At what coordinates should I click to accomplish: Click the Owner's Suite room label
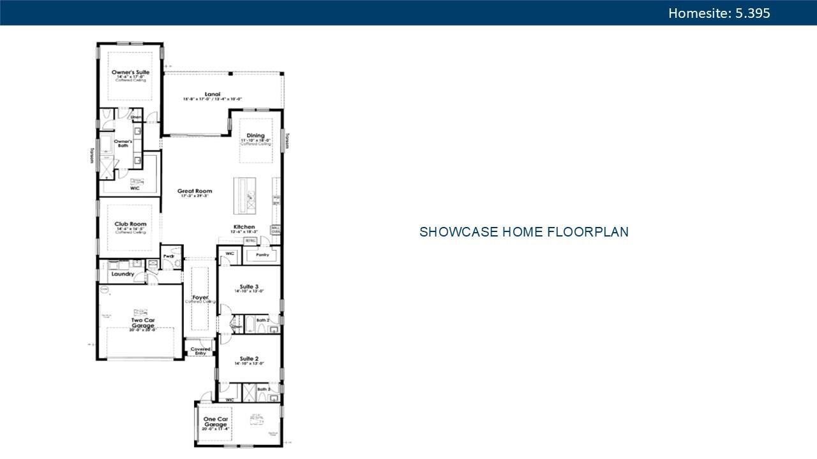[x=130, y=73]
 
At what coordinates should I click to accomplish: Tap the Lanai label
[x=213, y=94]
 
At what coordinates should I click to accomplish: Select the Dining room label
[x=255, y=136]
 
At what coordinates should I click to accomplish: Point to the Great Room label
[x=195, y=191]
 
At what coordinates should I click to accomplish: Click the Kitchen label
[x=244, y=227]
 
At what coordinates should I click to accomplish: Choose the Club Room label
[x=130, y=224]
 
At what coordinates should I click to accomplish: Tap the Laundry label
[x=122, y=274]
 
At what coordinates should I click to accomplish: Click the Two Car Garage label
[x=142, y=323]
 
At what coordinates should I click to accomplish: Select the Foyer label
[x=200, y=297]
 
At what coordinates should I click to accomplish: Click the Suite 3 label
[x=249, y=286]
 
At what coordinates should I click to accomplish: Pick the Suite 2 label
[x=249, y=359]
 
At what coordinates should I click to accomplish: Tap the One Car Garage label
[x=215, y=422]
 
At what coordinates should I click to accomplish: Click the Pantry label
[x=262, y=254]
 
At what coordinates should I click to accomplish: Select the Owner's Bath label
[x=123, y=143]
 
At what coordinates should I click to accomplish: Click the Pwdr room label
[x=169, y=256]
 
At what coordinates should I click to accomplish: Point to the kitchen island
[x=244, y=195]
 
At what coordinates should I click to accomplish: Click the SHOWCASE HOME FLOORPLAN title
[x=523, y=232]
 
